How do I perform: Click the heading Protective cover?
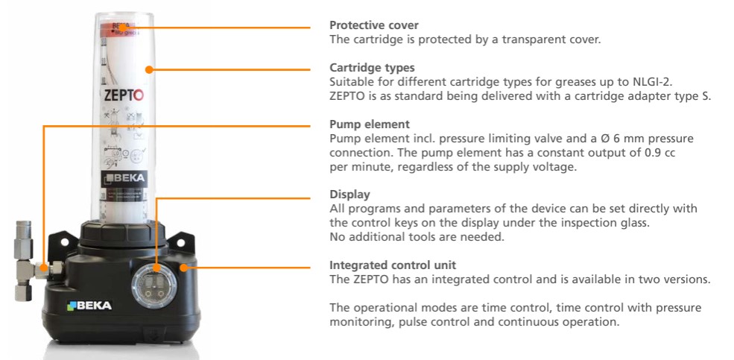(x=369, y=25)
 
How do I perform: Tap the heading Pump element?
(x=364, y=124)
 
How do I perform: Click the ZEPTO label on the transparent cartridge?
(x=124, y=95)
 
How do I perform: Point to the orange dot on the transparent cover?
(x=149, y=70)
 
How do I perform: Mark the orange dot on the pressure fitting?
(x=44, y=268)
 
